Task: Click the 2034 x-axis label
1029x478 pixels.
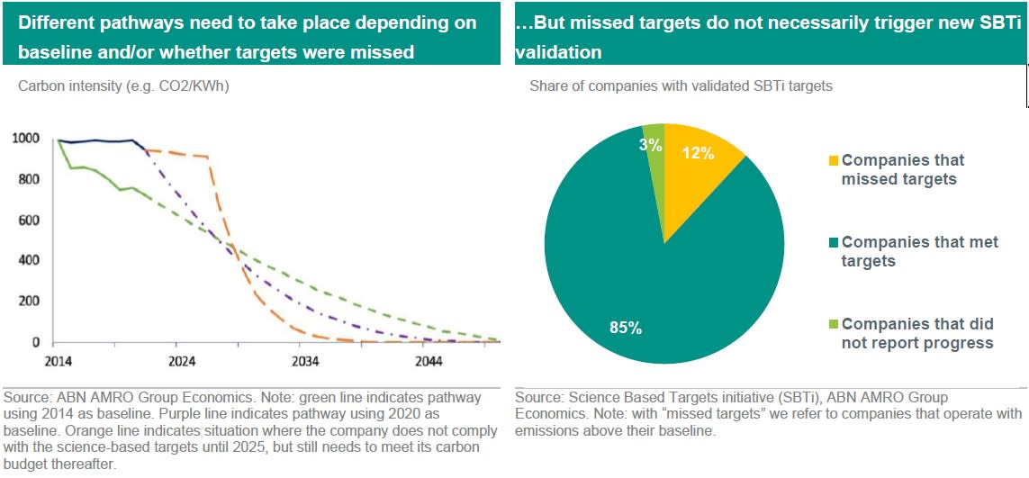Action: (304, 362)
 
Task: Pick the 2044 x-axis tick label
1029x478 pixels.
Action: (429, 362)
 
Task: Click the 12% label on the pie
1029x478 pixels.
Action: (697, 153)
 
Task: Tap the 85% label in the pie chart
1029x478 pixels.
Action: (625, 328)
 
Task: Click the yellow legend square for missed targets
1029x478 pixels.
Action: (834, 161)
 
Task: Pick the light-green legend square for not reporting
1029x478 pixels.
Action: (834, 325)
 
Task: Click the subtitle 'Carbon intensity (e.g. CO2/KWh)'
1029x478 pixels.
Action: (117, 87)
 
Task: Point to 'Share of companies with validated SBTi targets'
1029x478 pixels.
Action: (681, 87)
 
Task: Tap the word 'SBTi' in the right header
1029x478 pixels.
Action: (989, 24)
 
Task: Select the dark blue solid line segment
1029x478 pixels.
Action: (99, 141)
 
